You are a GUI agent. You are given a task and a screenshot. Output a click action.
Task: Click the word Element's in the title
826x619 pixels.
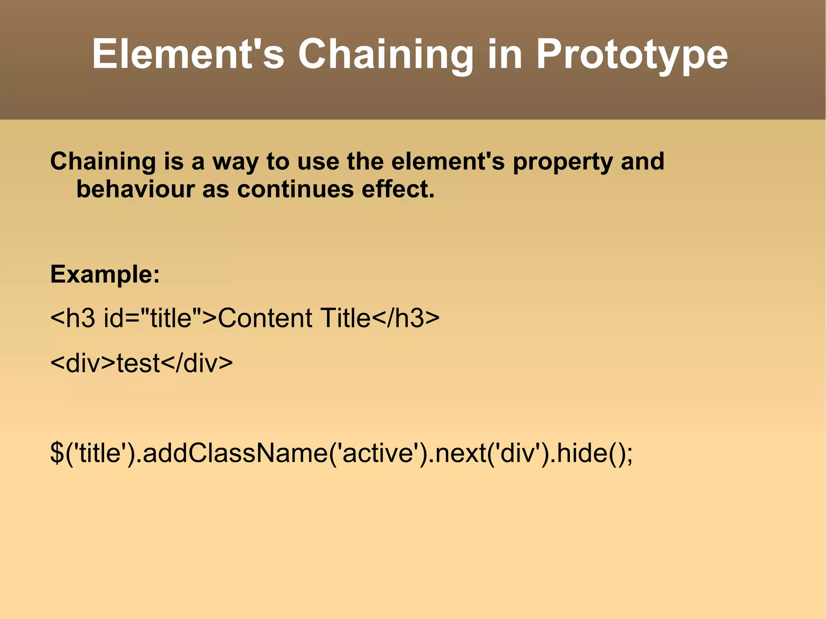click(x=188, y=54)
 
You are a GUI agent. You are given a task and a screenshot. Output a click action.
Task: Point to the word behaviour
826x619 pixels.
click(x=136, y=190)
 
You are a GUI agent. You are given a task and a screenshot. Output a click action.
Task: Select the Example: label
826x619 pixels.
click(x=105, y=275)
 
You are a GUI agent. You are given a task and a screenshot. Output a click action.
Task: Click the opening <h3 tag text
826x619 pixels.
click(x=73, y=318)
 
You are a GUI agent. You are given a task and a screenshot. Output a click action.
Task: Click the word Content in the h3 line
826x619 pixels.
click(x=264, y=318)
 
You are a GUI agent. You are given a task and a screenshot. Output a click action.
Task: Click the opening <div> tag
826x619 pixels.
click(x=83, y=363)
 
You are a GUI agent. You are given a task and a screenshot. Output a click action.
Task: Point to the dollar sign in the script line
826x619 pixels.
click(x=57, y=452)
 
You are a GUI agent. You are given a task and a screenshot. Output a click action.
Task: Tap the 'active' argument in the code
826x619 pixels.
click(x=378, y=452)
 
